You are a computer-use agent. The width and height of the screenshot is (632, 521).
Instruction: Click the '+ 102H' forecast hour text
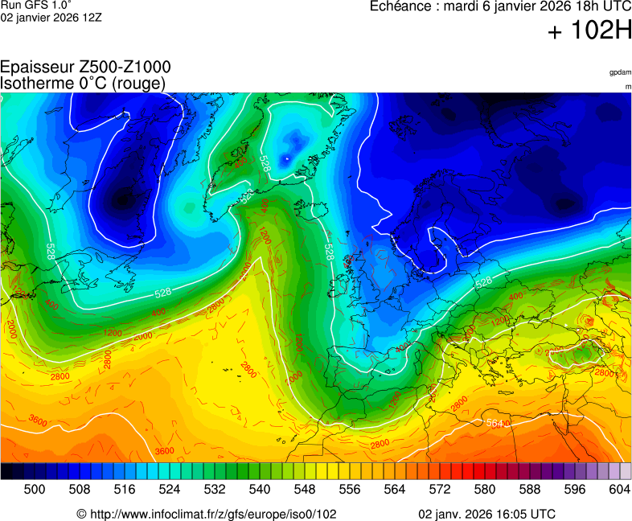(589, 31)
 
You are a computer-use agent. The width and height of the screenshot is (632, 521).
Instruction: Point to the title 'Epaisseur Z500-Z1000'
(85, 68)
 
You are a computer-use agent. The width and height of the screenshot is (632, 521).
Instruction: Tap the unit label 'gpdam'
(619, 73)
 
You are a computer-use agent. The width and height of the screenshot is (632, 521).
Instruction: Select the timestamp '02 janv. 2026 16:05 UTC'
(486, 514)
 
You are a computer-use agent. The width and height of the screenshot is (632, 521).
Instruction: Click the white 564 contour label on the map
(496, 423)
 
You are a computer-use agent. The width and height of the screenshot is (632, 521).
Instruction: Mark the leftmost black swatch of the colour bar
(6, 472)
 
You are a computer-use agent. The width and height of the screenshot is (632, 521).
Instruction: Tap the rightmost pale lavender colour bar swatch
(625, 472)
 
